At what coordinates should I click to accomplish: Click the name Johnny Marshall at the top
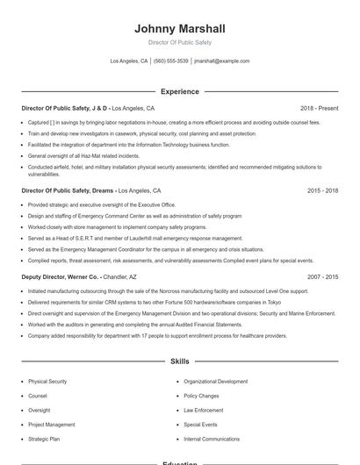point(180,29)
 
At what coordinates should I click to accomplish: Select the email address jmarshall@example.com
point(221,61)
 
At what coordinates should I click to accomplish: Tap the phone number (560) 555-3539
point(170,61)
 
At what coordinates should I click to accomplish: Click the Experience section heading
point(180,91)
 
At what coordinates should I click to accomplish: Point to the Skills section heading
point(180,361)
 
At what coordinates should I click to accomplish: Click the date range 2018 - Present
point(319,108)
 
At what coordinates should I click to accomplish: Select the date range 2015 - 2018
point(323,190)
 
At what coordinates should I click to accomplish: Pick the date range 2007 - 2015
point(323,276)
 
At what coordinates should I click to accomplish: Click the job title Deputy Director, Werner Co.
point(59,276)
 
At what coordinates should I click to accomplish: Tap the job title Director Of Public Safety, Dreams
point(68,190)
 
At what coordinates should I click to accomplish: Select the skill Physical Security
point(47,382)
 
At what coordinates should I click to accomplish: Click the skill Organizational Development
point(216,382)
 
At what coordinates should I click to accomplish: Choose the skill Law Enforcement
point(203,410)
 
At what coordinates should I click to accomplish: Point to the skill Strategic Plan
point(44,439)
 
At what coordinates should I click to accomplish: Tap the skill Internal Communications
point(212,439)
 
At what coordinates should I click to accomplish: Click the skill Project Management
point(51,425)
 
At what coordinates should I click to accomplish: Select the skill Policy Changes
point(201,396)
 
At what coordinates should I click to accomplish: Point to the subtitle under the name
point(180,42)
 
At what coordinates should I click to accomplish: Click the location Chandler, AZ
point(120,276)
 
